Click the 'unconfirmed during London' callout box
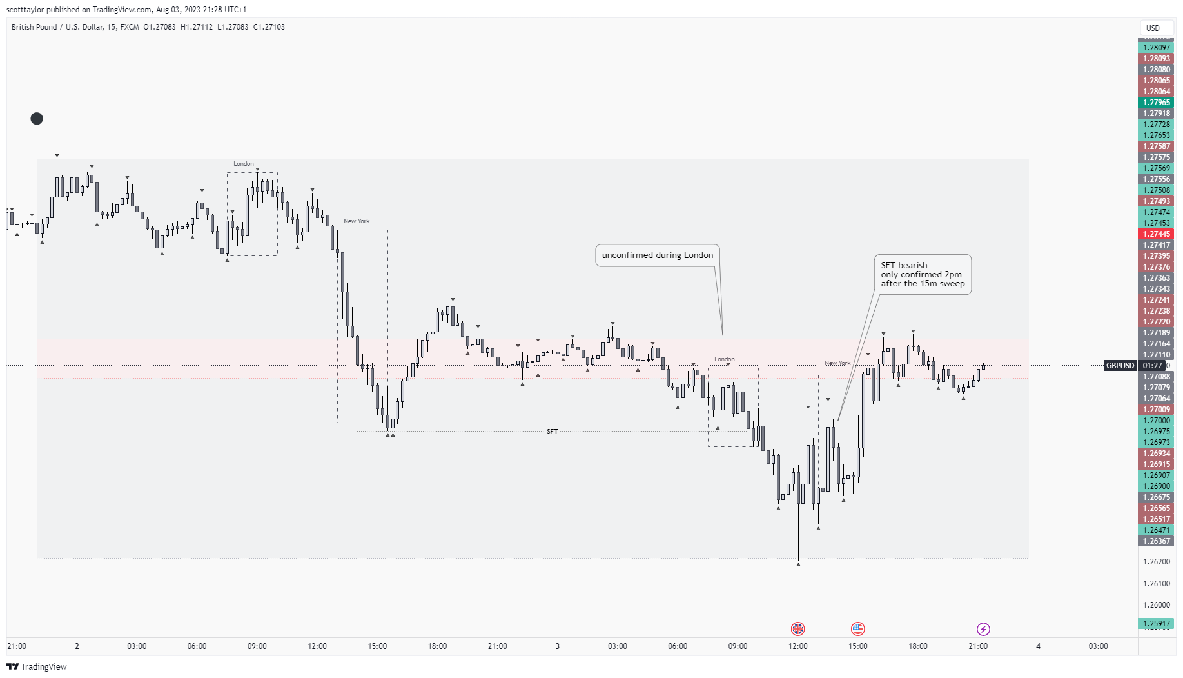(657, 255)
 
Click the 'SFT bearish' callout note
(923, 274)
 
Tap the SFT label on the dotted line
(552, 432)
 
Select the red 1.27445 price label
(1156, 234)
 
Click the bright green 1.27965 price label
(1156, 103)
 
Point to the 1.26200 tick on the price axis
(1156, 562)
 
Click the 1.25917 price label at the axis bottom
(1156, 624)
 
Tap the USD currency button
(1153, 28)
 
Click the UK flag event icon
(797, 628)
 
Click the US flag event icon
(857, 628)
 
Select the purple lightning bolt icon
(983, 628)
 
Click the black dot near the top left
(37, 119)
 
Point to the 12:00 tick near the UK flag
(797, 646)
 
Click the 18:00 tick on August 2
(437, 646)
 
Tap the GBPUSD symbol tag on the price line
(1120, 366)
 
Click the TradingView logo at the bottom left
(37, 666)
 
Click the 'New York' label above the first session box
(357, 221)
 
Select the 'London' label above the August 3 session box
(724, 359)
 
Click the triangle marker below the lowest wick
(798, 565)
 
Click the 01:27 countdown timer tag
(1152, 366)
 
